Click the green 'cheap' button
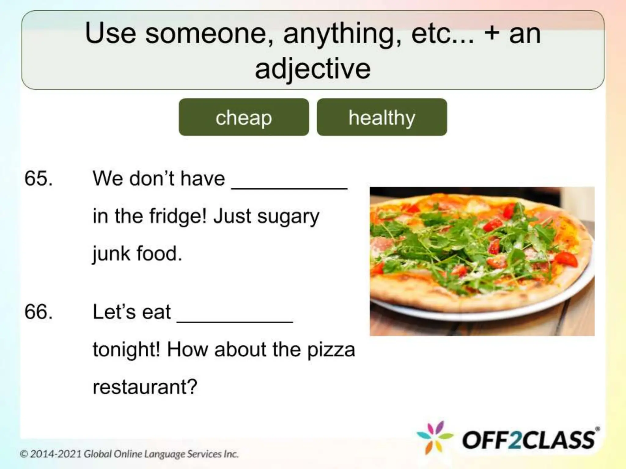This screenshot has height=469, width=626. click(x=244, y=117)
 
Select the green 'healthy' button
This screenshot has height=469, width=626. click(x=382, y=117)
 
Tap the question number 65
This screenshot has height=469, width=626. click(x=39, y=178)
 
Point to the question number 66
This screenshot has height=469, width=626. click(x=39, y=312)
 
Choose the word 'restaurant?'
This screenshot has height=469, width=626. click(x=145, y=387)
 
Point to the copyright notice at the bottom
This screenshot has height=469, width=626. click(x=129, y=454)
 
